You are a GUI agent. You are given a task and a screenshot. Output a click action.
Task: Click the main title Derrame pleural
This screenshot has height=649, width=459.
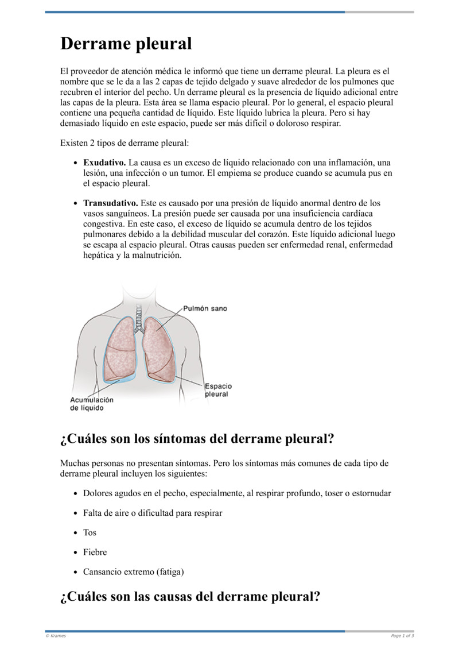tap(126, 44)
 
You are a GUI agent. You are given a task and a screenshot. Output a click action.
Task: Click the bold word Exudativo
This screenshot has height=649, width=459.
tap(104, 163)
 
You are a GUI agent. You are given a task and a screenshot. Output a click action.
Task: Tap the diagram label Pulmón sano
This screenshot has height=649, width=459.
tap(205, 308)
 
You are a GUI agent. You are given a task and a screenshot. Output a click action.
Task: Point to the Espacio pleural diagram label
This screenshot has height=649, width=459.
tap(218, 391)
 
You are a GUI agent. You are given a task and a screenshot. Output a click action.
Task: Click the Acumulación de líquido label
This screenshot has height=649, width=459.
tap(92, 404)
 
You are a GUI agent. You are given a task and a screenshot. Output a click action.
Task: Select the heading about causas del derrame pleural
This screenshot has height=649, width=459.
tap(190, 596)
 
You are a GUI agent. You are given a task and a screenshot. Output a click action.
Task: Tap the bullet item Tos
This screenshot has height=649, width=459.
tap(90, 532)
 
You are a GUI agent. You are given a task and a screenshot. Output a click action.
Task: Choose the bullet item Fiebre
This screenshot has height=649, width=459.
tap(95, 552)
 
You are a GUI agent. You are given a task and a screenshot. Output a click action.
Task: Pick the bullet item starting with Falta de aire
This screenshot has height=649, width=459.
tap(153, 513)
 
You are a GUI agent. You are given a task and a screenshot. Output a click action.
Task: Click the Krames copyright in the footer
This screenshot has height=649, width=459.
tap(56, 636)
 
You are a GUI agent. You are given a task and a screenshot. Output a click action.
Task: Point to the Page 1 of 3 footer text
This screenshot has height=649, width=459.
tap(402, 636)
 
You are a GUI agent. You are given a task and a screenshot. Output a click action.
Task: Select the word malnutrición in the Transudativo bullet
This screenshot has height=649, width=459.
tap(157, 255)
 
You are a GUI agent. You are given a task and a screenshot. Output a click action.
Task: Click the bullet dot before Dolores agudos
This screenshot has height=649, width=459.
tap(76, 493)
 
